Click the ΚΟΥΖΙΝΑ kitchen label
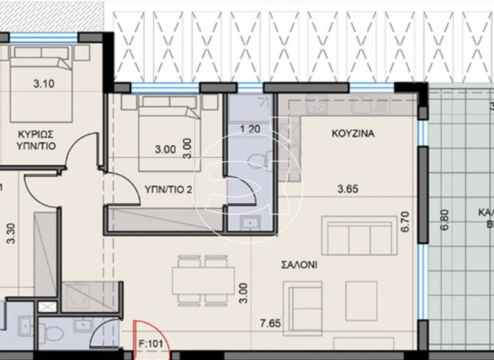coord(353,134)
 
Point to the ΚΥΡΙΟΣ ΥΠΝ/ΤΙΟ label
coord(35,139)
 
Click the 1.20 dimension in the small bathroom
coord(250,129)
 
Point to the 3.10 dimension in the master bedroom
coord(44,82)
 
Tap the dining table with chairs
coord(203,280)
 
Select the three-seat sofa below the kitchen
coord(359,236)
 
